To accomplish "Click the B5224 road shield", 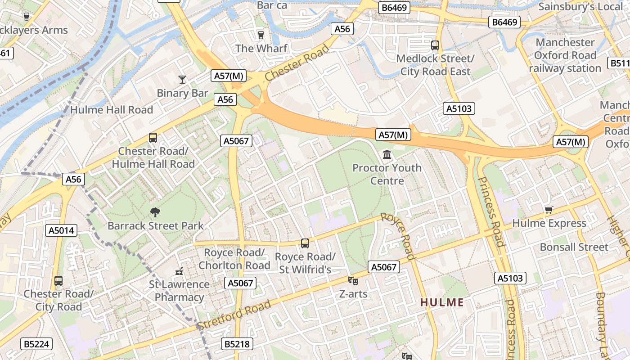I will (x=36, y=344).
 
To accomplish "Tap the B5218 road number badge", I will (x=237, y=344).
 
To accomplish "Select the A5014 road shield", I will (x=62, y=231).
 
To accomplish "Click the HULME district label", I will (x=442, y=302).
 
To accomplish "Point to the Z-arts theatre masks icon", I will (x=353, y=281).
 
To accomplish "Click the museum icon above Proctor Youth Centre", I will (x=387, y=155).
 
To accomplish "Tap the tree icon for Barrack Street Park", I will (x=155, y=212).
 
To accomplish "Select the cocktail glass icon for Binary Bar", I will (x=182, y=80).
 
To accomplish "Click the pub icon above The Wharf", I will (x=261, y=35).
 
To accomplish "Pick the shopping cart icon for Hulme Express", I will (x=549, y=210).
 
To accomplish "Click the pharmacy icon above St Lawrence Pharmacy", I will (x=179, y=271).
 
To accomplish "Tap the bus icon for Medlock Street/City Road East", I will (x=435, y=45).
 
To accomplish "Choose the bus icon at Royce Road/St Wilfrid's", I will (x=305, y=243).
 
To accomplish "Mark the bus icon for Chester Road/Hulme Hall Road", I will (x=153, y=138).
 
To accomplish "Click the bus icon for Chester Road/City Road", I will (x=58, y=281).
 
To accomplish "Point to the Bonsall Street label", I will (x=574, y=247).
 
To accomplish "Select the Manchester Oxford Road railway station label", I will (x=565, y=55).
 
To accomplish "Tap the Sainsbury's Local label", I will (x=580, y=7).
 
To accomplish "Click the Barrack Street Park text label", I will (x=156, y=225).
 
